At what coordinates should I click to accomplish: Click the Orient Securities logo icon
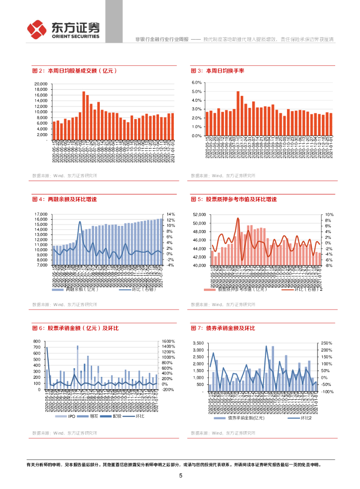pyautogui.click(x=37, y=29)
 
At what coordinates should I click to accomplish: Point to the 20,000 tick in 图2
pyautogui.click(x=40, y=84)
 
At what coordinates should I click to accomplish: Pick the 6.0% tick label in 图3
pyautogui.click(x=197, y=83)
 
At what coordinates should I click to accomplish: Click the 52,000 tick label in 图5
pyautogui.click(x=199, y=214)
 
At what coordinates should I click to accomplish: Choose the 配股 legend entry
pyautogui.click(x=116, y=416)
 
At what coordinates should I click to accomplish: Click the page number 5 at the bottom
pyautogui.click(x=180, y=476)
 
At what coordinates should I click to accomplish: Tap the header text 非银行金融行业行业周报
pyautogui.click(x=162, y=38)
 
